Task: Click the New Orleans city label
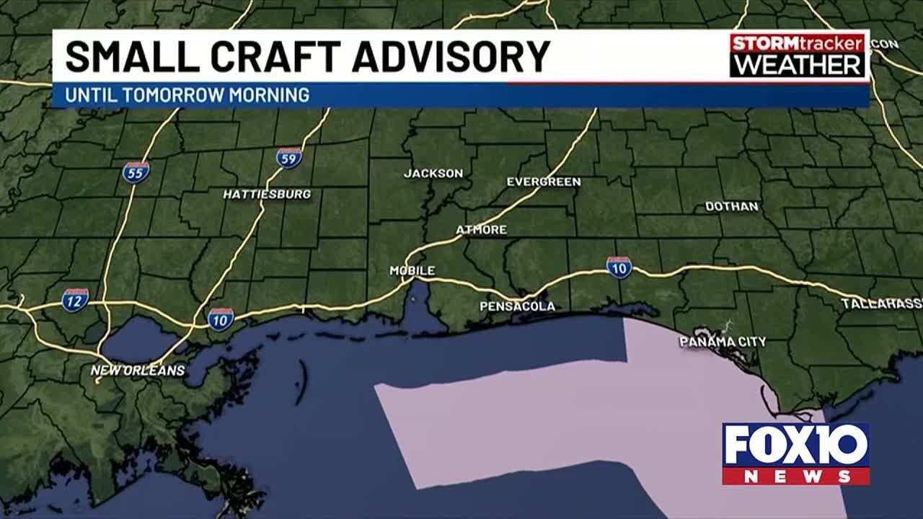click(x=138, y=371)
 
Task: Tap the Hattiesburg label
click(x=267, y=195)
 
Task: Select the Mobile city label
click(x=412, y=271)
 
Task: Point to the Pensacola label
click(x=517, y=306)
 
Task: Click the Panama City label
click(x=723, y=342)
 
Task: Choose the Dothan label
click(x=731, y=207)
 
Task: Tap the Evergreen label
click(x=543, y=182)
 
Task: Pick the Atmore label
click(x=481, y=230)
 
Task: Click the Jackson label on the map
click(x=433, y=174)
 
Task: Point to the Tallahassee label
click(x=881, y=304)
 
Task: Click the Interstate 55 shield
click(x=136, y=172)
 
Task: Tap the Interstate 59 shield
click(x=288, y=158)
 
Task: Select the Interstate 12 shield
click(x=75, y=299)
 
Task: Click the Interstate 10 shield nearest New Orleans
click(x=221, y=318)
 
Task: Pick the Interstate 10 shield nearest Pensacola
click(x=619, y=267)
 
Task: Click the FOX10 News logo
click(x=795, y=453)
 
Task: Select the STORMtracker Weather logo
click(x=797, y=55)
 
